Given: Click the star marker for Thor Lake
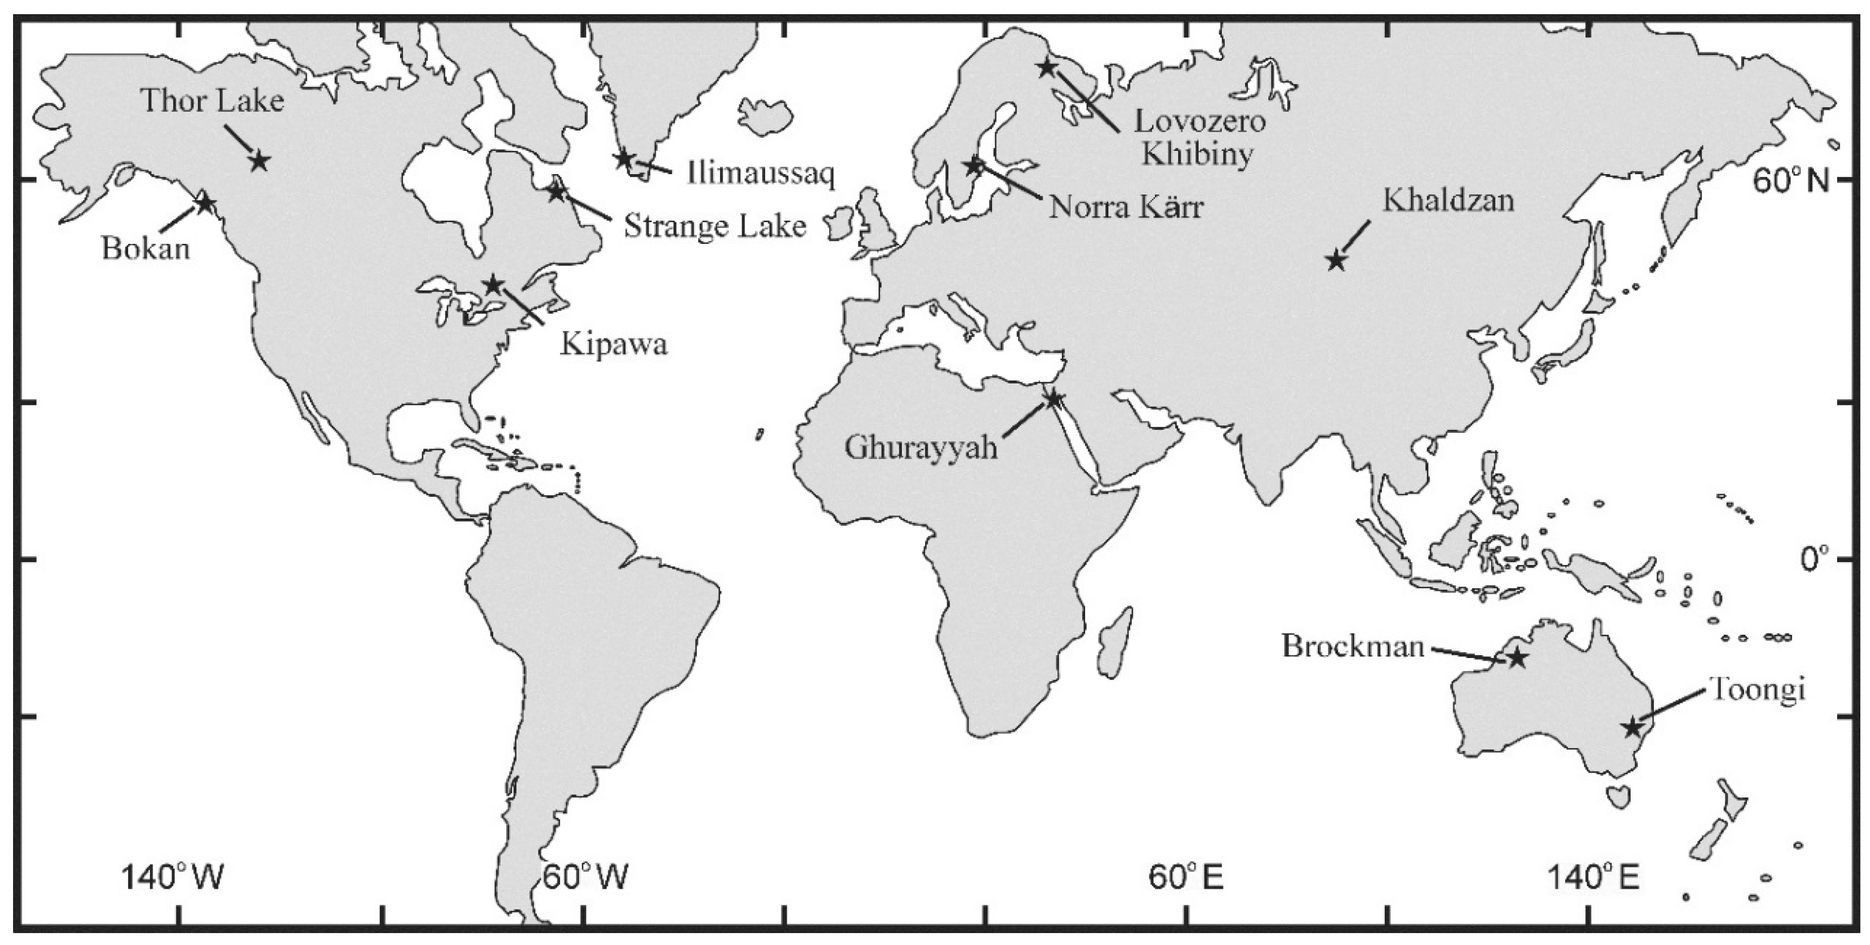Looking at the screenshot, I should [x=259, y=161].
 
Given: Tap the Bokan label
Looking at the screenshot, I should [x=145, y=249].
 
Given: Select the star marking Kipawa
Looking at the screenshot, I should [x=494, y=285].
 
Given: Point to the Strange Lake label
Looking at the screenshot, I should [x=715, y=226].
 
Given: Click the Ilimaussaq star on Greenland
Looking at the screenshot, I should [x=623, y=159].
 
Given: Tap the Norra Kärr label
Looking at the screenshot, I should [x=1126, y=208].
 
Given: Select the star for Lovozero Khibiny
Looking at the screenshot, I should [x=1046, y=68].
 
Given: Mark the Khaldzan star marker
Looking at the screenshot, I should [x=1337, y=260].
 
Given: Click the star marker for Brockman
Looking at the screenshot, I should [x=1516, y=659].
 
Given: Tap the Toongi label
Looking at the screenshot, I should [x=1756, y=689].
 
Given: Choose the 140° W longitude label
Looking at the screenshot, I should [x=173, y=877].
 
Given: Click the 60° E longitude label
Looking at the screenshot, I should [x=1186, y=877].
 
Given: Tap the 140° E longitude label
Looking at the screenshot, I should [x=1594, y=877].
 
